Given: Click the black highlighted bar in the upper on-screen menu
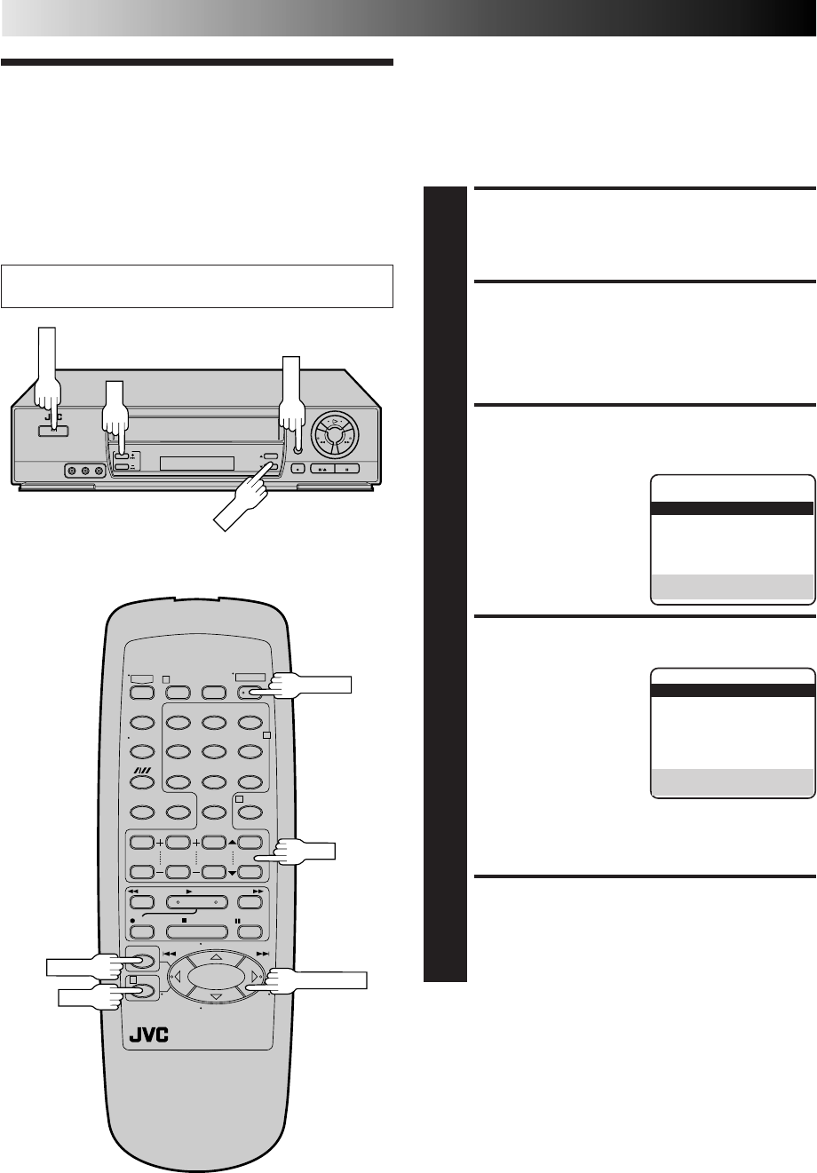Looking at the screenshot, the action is tap(733, 509).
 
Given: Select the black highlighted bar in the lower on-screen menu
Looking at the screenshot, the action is tap(733, 692).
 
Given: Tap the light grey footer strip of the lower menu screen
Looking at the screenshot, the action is tap(733, 784).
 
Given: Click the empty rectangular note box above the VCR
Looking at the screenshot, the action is tap(198, 285).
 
